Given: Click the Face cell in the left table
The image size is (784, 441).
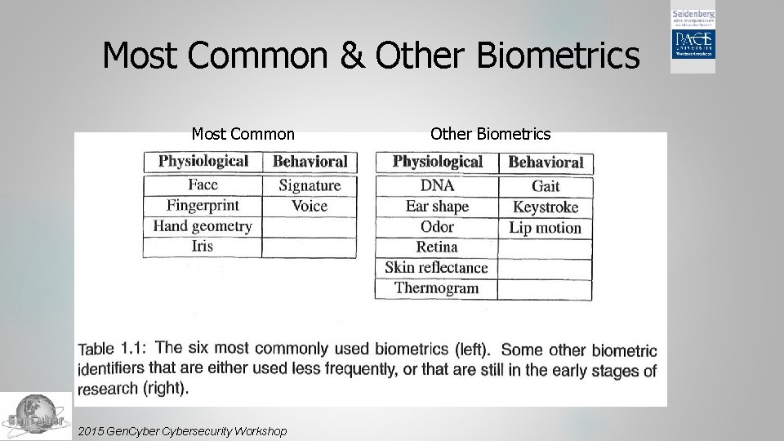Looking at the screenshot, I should pyautogui.click(x=203, y=185).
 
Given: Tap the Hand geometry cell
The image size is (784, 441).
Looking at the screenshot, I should pyautogui.click(x=203, y=226).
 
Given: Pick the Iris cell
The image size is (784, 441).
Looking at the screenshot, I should pyautogui.click(x=202, y=246).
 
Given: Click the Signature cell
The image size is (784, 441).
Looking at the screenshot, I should pyautogui.click(x=310, y=185).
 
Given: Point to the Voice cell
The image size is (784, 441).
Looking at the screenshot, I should pyautogui.click(x=310, y=206).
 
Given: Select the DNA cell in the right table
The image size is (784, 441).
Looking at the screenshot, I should pyautogui.click(x=437, y=185).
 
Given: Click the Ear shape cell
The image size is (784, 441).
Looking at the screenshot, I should pyautogui.click(x=437, y=206).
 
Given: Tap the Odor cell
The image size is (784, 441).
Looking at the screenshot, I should pyautogui.click(x=437, y=227).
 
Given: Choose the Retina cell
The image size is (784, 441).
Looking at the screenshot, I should pyautogui.click(x=437, y=247).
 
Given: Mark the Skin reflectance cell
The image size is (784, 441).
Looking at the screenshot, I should pyautogui.click(x=436, y=268).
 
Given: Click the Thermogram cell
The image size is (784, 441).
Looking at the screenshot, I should pyautogui.click(x=436, y=287).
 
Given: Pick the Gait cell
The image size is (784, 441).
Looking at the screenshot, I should pyautogui.click(x=546, y=186).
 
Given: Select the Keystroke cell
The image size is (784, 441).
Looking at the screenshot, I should pyautogui.click(x=546, y=207).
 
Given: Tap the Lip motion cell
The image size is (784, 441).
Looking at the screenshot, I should pyautogui.click(x=546, y=228).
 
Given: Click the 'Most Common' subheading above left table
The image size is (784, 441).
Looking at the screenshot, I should pyautogui.click(x=243, y=134).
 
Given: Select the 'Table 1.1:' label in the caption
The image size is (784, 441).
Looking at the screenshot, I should pyautogui.click(x=112, y=350).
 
